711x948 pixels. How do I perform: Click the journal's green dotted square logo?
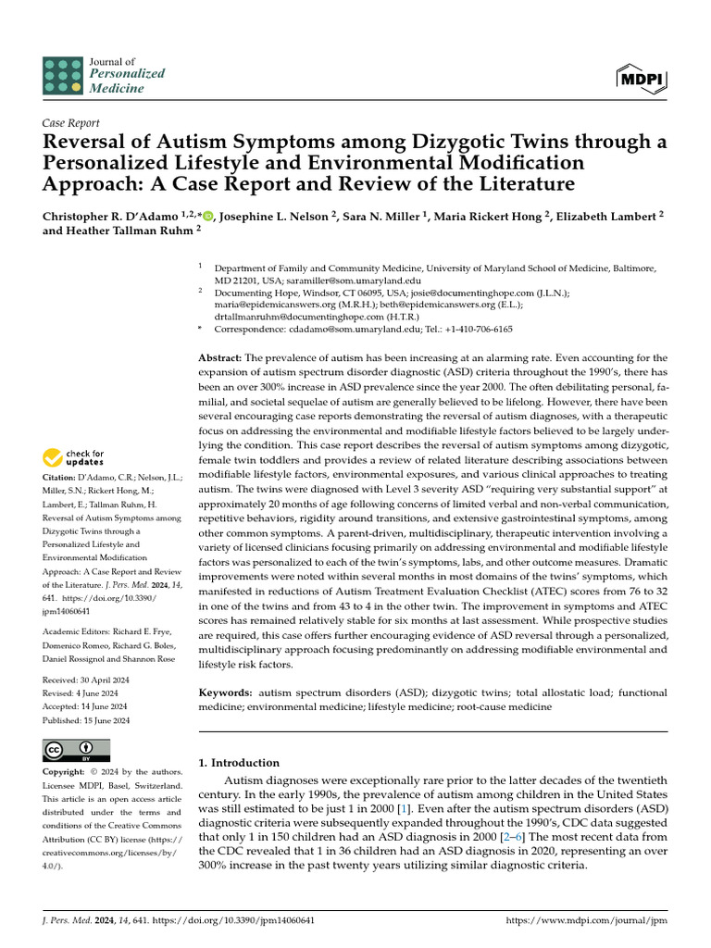tap(62, 75)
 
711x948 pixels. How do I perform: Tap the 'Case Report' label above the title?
tap(71, 122)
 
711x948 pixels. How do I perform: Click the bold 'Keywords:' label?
tap(226, 692)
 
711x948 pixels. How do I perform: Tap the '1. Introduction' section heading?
tap(240, 763)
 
